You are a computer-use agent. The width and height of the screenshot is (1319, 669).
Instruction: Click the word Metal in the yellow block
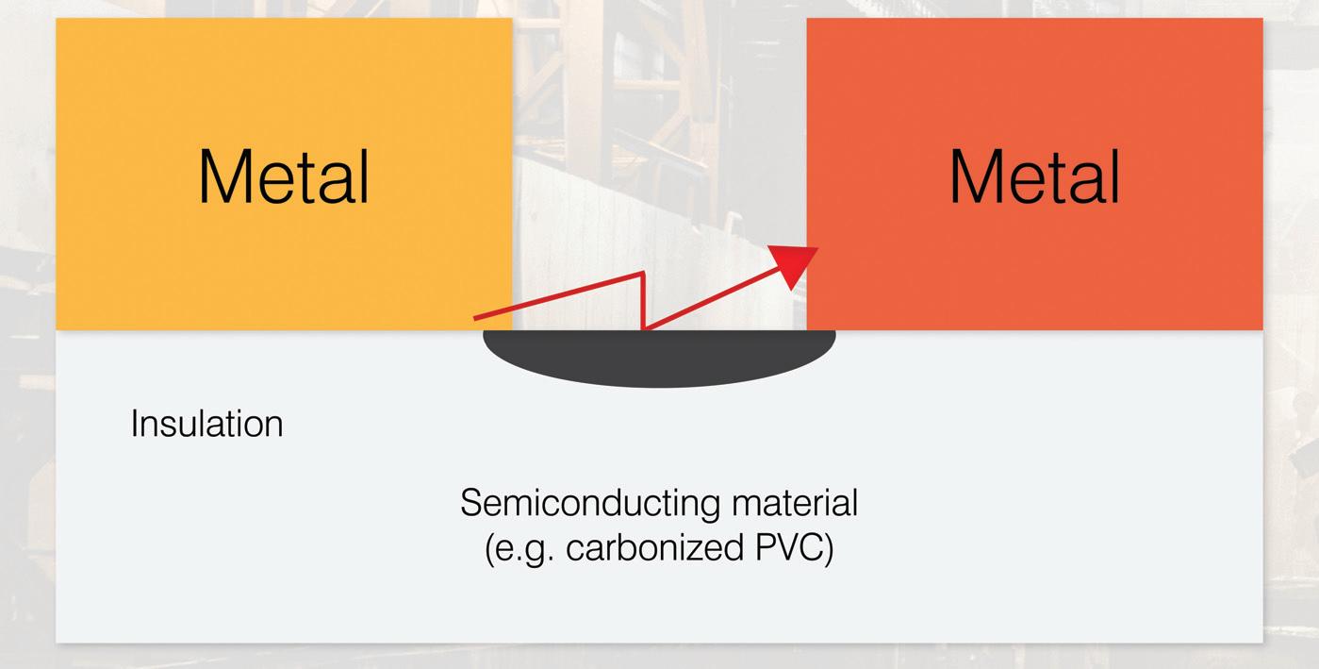[x=284, y=176]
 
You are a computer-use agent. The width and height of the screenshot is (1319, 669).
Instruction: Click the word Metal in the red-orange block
[x=1034, y=176]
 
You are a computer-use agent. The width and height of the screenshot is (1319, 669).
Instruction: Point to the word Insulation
[x=206, y=424]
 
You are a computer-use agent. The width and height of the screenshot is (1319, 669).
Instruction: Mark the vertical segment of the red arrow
[x=643, y=300]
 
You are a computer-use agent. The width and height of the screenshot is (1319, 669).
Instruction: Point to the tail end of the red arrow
[x=475, y=320]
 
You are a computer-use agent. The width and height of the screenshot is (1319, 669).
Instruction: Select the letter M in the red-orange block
[x=975, y=176]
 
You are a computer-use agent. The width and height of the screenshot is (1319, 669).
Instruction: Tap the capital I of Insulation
[x=134, y=424]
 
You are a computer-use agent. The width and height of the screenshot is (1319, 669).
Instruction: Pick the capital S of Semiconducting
[x=470, y=503]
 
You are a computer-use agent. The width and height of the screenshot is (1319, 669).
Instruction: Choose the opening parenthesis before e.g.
[x=490, y=549]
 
